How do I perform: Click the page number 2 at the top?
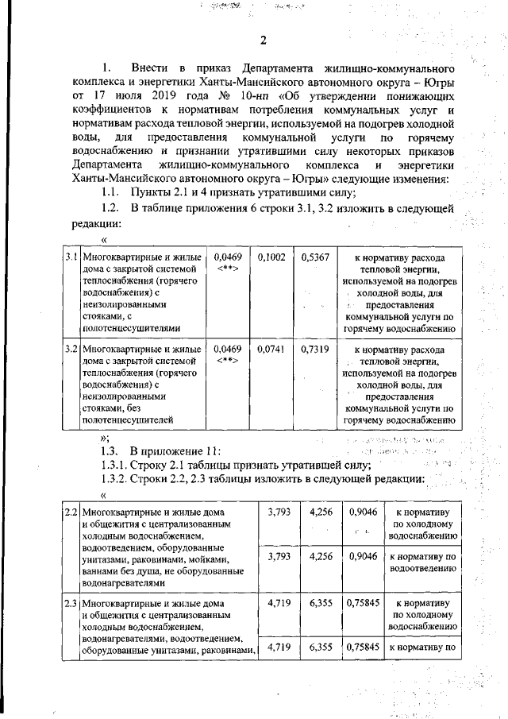(264, 41)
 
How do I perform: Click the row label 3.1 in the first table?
(71, 258)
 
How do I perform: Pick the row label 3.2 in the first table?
(71, 347)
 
